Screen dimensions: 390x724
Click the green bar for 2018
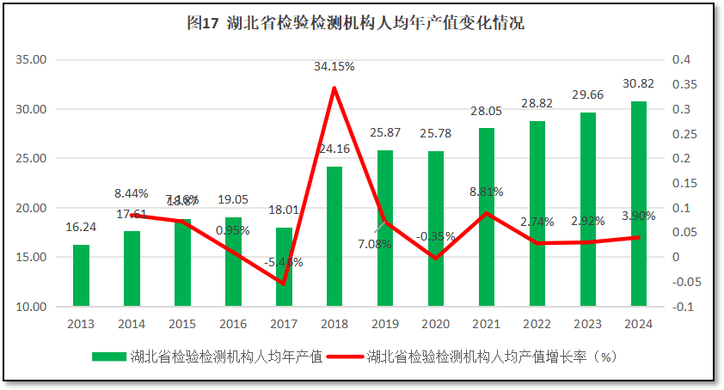click(x=334, y=236)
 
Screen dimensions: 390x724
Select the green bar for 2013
click(x=81, y=275)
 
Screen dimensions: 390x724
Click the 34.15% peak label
click(x=334, y=66)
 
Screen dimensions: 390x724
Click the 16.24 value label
click(x=81, y=228)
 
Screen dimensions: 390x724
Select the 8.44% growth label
click(x=131, y=193)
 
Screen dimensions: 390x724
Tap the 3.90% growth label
click(x=638, y=216)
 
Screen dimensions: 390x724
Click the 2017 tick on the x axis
click(x=284, y=324)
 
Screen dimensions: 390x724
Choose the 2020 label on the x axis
click(x=436, y=324)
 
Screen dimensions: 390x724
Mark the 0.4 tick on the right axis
click(x=681, y=60)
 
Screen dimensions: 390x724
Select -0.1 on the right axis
click(x=681, y=307)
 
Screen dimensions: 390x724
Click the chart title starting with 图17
click(x=355, y=24)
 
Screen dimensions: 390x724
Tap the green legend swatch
click(x=109, y=356)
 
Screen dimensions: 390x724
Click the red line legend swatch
click(x=347, y=356)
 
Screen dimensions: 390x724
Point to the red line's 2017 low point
click(x=284, y=283)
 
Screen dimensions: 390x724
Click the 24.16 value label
click(x=334, y=149)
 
